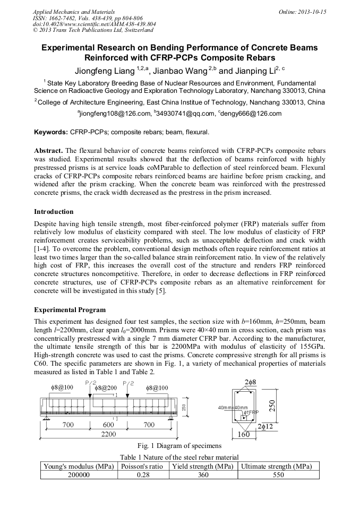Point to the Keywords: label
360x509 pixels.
click(x=50, y=132)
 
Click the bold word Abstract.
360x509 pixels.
click(x=49, y=150)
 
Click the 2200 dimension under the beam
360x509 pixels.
click(x=109, y=434)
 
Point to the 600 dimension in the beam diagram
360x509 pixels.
click(x=108, y=425)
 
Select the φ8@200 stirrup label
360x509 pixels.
click(x=106, y=389)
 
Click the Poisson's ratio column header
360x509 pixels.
click(x=141, y=467)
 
